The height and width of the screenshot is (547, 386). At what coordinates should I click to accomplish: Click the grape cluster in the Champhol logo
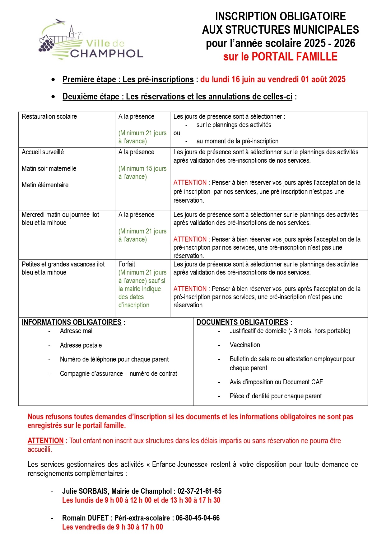coord(46,44)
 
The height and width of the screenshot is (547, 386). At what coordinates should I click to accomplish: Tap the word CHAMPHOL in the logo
coord(106,54)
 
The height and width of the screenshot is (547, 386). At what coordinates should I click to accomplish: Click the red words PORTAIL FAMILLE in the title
coord(294,57)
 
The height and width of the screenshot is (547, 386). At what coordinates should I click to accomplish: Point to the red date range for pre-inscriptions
coord(273,79)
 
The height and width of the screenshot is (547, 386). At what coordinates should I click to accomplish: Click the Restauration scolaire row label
coord(49,117)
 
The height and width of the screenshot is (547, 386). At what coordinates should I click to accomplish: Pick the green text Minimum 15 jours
coord(142,169)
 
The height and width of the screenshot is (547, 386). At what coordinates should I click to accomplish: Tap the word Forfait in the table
coord(127,264)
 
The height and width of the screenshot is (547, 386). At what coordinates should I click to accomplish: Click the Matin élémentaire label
coord(45,185)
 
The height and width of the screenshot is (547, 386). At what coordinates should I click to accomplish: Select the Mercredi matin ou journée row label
coord(60,215)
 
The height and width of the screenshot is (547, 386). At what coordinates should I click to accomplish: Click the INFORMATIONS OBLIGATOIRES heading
coord(72,322)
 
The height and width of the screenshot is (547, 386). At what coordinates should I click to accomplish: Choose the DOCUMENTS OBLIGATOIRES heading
coord(242,322)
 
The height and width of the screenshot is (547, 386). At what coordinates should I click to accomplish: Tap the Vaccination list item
coord(245,345)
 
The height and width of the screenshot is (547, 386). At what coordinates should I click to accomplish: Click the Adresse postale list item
coord(81,345)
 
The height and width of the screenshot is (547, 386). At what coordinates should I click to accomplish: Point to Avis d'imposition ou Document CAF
coord(276,382)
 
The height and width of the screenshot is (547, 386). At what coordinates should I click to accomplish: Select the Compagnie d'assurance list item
coord(119,374)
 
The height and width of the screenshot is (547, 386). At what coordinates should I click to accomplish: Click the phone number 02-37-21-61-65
coord(199,491)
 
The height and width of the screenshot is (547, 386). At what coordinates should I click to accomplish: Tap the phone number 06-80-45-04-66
coord(198,518)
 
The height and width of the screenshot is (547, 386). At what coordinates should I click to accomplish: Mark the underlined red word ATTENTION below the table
coord(45,441)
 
